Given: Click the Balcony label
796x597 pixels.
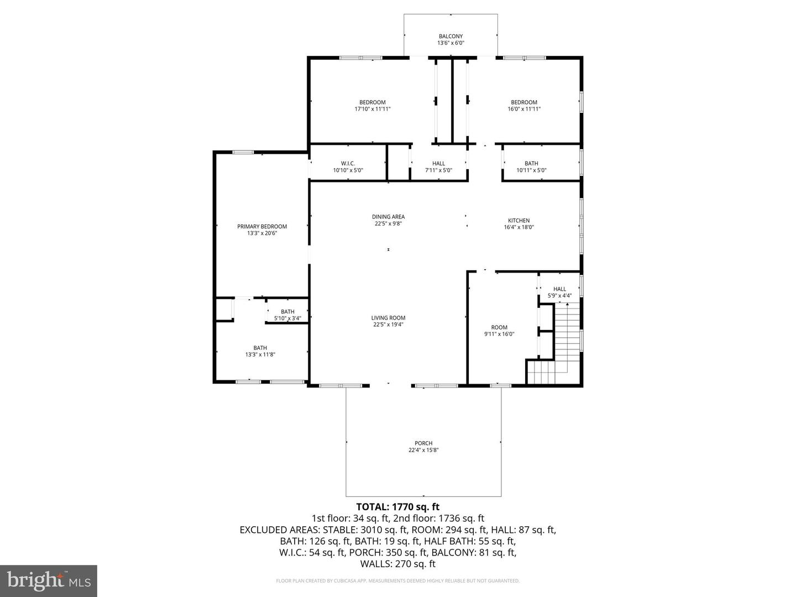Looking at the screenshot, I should pyautogui.click(x=451, y=36).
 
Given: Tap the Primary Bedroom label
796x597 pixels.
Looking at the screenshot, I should pyautogui.click(x=262, y=227).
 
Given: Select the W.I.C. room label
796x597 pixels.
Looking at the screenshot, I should pyautogui.click(x=348, y=164).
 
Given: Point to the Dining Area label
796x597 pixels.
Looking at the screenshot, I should pyautogui.click(x=388, y=217).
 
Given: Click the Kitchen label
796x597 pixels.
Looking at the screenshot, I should pyautogui.click(x=519, y=221).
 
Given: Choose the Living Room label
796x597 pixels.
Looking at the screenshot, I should pyautogui.click(x=388, y=318).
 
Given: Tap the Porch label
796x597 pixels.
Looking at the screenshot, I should pyautogui.click(x=423, y=443).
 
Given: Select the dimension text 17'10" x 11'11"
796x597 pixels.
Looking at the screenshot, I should pyautogui.click(x=373, y=109).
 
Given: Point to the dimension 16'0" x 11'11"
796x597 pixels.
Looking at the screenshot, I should pyautogui.click(x=523, y=109).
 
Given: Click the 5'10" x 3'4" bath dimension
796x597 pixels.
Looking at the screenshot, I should pyautogui.click(x=287, y=318).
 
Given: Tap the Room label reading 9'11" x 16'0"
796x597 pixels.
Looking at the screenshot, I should pyautogui.click(x=499, y=327).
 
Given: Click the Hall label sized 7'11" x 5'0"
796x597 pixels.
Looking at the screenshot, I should pyautogui.click(x=438, y=164).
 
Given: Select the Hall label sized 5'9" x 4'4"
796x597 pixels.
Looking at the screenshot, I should pyautogui.click(x=559, y=289).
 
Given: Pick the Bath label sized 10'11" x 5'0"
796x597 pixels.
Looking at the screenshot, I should pyautogui.click(x=531, y=164).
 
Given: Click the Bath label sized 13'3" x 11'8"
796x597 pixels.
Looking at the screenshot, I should pyautogui.click(x=260, y=348).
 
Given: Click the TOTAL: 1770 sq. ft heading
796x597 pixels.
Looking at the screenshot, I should pyautogui.click(x=398, y=506).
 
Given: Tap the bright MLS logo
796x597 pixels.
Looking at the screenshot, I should pyautogui.click(x=49, y=580).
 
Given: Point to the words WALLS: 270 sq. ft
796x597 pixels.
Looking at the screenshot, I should pyautogui.click(x=398, y=564).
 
